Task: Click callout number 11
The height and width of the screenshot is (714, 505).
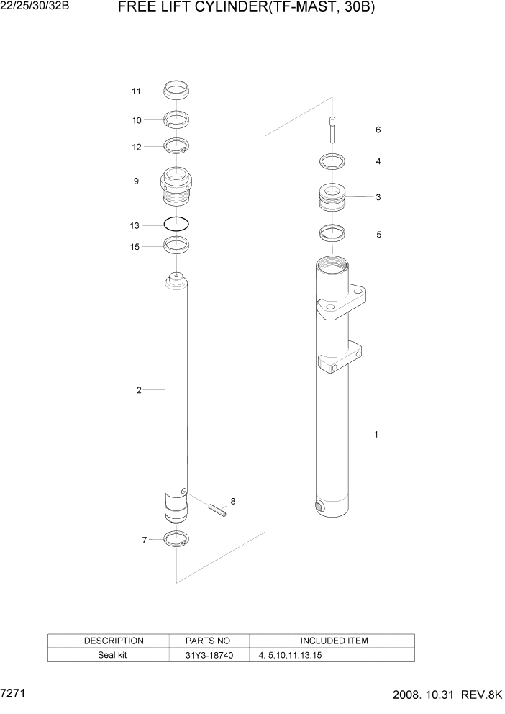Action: click(135, 91)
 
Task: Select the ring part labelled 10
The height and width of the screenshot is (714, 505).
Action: click(176, 119)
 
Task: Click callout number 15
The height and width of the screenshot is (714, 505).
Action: click(135, 246)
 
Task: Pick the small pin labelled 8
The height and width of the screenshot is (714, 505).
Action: click(217, 510)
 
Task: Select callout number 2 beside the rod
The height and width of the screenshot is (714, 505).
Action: click(139, 390)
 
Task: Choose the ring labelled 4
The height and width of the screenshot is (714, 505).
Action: click(332, 161)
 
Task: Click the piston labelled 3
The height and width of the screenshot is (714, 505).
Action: click(332, 198)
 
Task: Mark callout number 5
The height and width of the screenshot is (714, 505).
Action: click(378, 235)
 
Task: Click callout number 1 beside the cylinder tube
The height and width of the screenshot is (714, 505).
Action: click(376, 435)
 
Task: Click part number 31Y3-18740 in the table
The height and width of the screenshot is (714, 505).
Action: click(208, 656)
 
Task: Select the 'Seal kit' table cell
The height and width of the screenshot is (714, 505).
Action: click(113, 656)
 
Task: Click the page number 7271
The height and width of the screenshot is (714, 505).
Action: click(14, 697)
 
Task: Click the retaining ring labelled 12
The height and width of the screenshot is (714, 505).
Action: click(176, 146)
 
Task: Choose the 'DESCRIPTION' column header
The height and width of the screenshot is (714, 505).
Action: click(114, 641)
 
